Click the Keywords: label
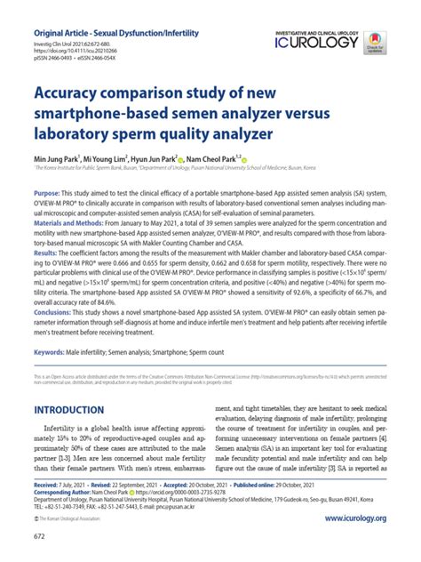(52, 353)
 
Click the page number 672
(40, 537)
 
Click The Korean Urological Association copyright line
(78, 519)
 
